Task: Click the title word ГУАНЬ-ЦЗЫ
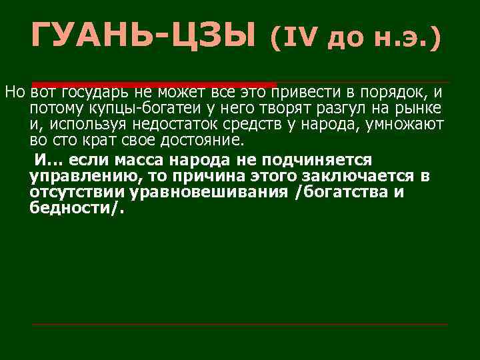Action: click(143, 35)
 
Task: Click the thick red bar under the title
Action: click(153, 83)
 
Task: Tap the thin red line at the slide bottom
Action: click(240, 325)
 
